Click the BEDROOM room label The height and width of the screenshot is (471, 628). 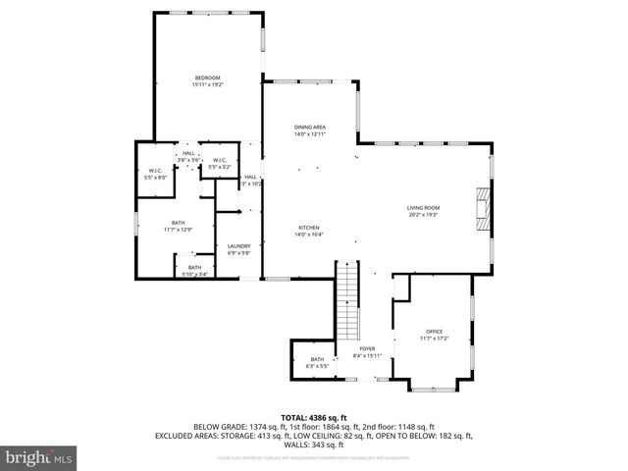click(x=207, y=78)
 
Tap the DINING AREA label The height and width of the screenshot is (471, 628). click(x=310, y=128)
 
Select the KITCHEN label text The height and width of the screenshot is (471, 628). click(x=310, y=228)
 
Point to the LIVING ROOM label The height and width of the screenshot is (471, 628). click(x=424, y=207)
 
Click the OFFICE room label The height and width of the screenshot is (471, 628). click(x=435, y=332)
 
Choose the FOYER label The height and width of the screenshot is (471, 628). click(x=367, y=348)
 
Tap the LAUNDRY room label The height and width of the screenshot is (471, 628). click(x=239, y=246)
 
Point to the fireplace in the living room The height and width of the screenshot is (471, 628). click(x=480, y=208)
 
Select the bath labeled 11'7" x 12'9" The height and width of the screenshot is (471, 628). click(x=178, y=224)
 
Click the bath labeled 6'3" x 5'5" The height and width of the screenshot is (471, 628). click(x=317, y=360)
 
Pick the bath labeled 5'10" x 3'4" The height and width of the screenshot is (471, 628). click(x=194, y=268)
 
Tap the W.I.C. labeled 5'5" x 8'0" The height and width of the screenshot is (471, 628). click(x=155, y=172)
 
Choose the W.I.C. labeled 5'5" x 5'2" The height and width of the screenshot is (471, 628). click(x=219, y=160)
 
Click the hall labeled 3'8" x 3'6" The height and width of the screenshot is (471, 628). click(x=188, y=153)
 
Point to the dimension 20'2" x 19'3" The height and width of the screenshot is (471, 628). click(x=424, y=214)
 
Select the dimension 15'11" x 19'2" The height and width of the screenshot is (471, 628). click(x=207, y=85)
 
